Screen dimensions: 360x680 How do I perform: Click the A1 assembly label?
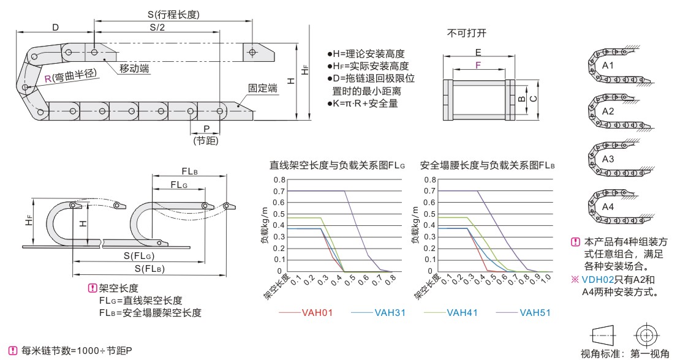(x=608, y=64)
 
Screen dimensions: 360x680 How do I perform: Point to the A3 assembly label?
(x=608, y=159)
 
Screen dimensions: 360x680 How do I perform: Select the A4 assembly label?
(x=608, y=206)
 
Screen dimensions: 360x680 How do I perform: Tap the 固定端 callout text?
(x=263, y=88)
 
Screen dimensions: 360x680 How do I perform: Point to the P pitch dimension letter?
(x=206, y=129)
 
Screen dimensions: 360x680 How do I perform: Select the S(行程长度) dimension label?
(x=174, y=14)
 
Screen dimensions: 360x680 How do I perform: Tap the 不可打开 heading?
(x=470, y=32)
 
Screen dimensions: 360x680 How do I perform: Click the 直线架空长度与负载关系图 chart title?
(x=338, y=165)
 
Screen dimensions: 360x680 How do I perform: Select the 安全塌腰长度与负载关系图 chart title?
(x=488, y=165)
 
